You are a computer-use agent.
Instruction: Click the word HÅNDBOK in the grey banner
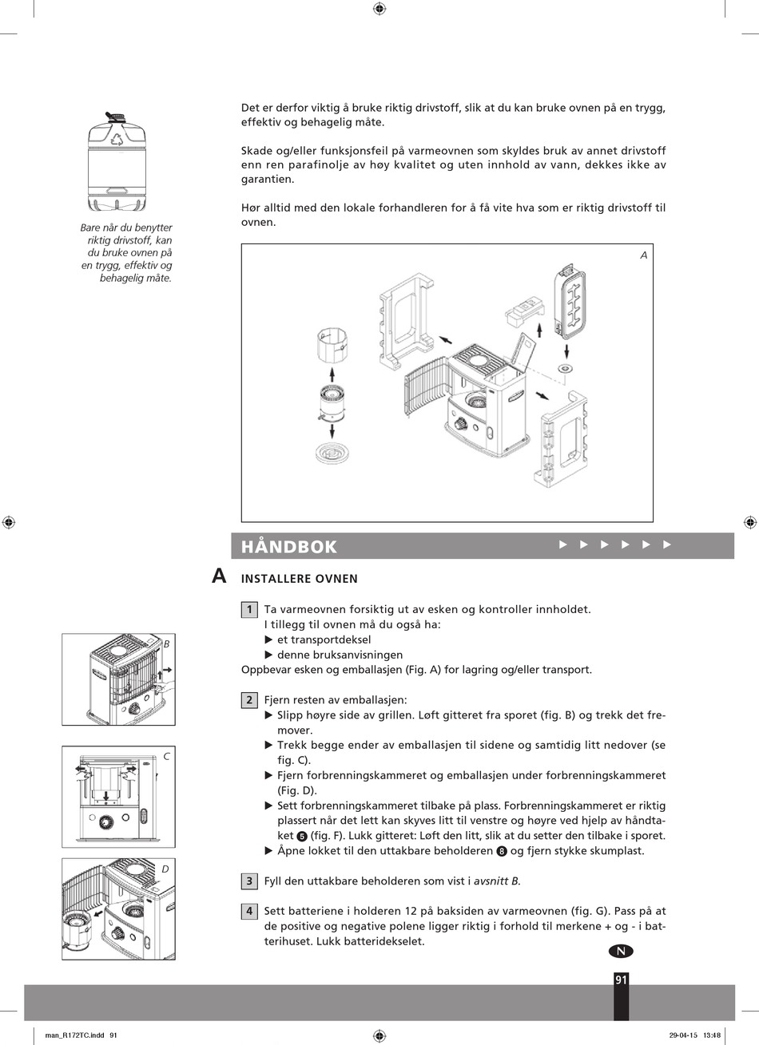(288, 547)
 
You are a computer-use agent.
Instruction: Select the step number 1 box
(249, 610)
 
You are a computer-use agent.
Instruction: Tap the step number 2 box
(249, 700)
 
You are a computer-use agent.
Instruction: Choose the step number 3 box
(249, 881)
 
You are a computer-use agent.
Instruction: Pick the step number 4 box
(249, 911)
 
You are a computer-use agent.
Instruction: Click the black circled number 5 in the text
(301, 836)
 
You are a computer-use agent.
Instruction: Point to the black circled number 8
(502, 851)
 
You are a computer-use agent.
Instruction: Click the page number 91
(621, 980)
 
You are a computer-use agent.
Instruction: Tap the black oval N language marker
(621, 951)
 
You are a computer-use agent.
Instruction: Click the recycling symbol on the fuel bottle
(117, 139)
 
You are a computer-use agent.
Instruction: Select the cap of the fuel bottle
(116, 117)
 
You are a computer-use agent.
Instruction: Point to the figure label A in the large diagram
(644, 255)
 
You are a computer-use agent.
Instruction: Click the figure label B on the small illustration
(167, 644)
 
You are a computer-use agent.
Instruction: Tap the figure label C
(167, 756)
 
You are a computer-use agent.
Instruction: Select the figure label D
(165, 869)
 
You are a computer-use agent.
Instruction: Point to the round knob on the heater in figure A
(462, 424)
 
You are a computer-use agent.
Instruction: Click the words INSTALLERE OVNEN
(300, 579)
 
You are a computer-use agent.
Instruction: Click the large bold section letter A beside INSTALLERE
(219, 576)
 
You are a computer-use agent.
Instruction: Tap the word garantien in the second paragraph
(268, 180)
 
